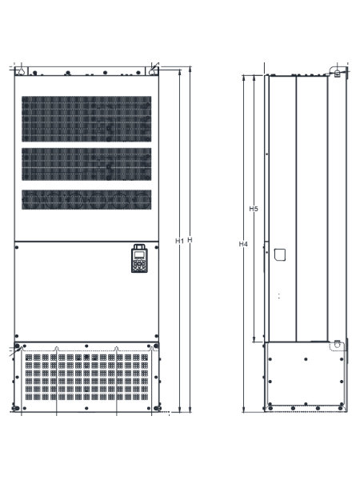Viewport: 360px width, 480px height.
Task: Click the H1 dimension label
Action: click(179, 241)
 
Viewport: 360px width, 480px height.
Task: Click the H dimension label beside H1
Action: click(190, 240)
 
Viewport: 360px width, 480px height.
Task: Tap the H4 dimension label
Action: click(243, 244)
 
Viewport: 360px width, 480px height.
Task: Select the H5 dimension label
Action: click(254, 209)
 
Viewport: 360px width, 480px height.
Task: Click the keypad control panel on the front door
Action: click(139, 258)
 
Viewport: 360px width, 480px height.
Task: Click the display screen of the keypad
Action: click(139, 254)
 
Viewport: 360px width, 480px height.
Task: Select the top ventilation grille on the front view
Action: click(86, 119)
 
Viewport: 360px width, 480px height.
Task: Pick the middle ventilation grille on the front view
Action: click(86, 164)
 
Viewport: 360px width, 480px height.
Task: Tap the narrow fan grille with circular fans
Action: click(86, 200)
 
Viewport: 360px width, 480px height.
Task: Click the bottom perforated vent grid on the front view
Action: click(86, 377)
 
